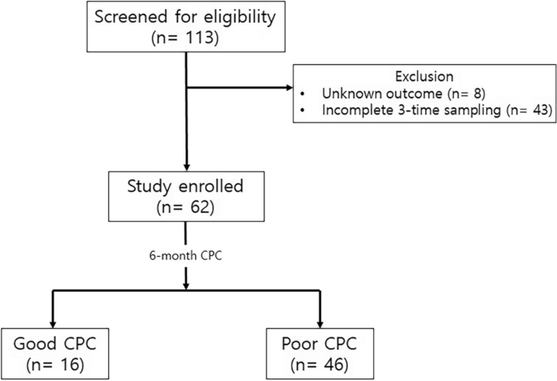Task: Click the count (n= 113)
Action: (188, 39)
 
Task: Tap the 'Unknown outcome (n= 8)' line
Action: (391, 93)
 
